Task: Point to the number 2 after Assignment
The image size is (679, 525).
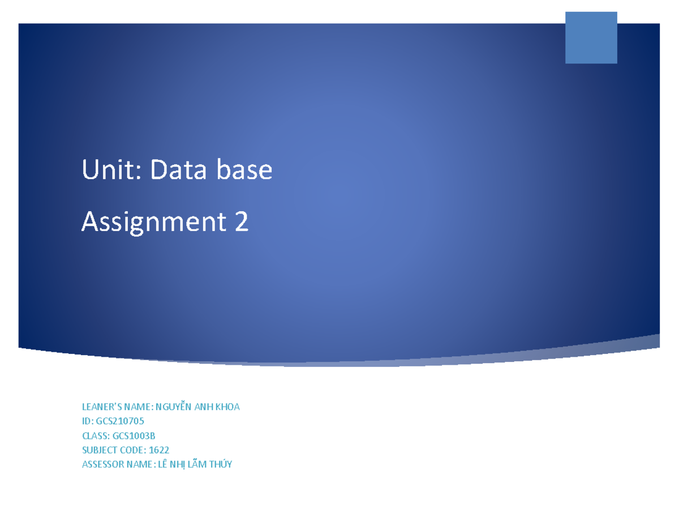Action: click(x=241, y=222)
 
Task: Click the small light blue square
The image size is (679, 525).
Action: click(x=591, y=37)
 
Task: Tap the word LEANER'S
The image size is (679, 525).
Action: click(x=100, y=406)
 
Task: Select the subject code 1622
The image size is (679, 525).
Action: click(x=159, y=450)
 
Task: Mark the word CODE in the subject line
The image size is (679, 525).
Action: click(x=133, y=450)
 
